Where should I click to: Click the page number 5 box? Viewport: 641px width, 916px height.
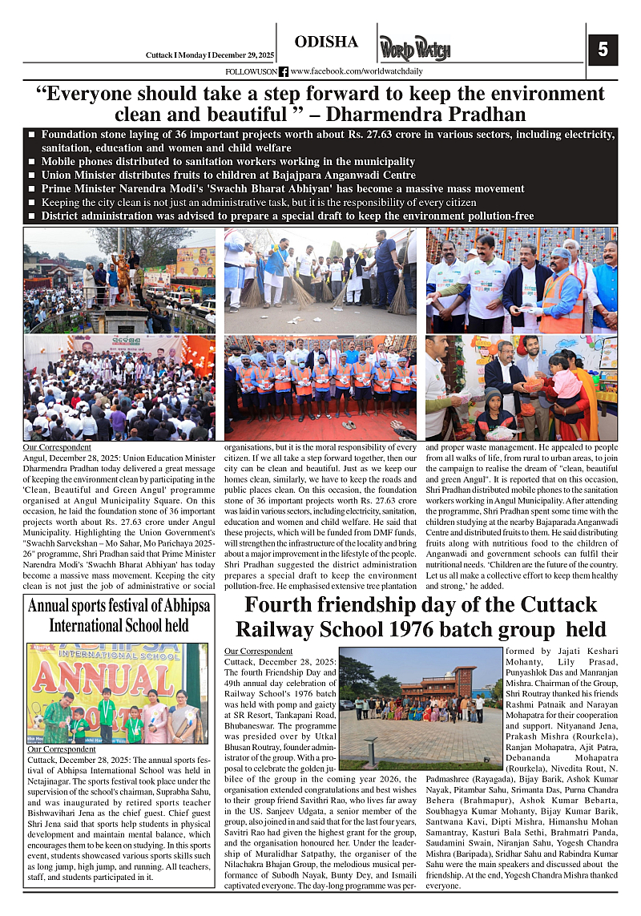click(x=603, y=50)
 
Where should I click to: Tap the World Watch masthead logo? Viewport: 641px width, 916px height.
click(x=414, y=48)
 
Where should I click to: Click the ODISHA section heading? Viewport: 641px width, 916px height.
click(x=326, y=42)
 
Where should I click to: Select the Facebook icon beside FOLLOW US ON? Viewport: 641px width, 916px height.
click(x=284, y=72)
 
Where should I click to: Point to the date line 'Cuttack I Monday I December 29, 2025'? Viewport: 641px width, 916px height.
click(x=210, y=54)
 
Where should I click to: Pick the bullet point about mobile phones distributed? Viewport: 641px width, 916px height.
click(x=228, y=162)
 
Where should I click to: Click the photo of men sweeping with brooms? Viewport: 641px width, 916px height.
click(x=320, y=280)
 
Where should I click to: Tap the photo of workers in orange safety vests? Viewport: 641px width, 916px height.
click(x=320, y=387)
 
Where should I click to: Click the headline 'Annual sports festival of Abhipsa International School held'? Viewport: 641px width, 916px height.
click(x=119, y=615)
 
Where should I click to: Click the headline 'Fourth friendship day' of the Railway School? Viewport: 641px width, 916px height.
click(x=421, y=616)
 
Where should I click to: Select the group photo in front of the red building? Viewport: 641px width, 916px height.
click(x=421, y=696)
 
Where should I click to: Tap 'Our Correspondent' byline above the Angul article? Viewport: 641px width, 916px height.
click(x=57, y=446)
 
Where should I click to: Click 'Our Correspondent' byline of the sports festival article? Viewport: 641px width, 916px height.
click(x=61, y=749)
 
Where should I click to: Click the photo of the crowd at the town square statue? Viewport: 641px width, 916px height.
click(x=119, y=280)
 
